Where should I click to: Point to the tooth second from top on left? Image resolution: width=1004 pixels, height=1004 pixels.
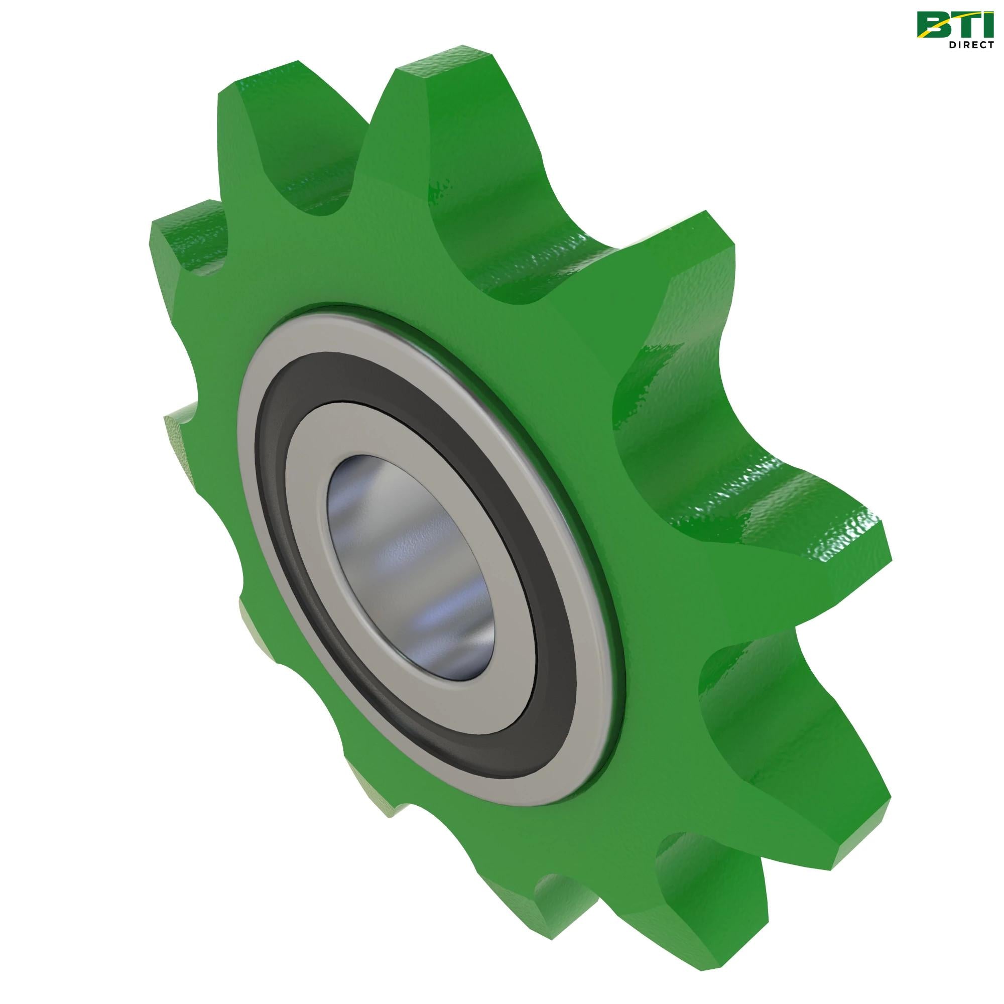tap(192, 244)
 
